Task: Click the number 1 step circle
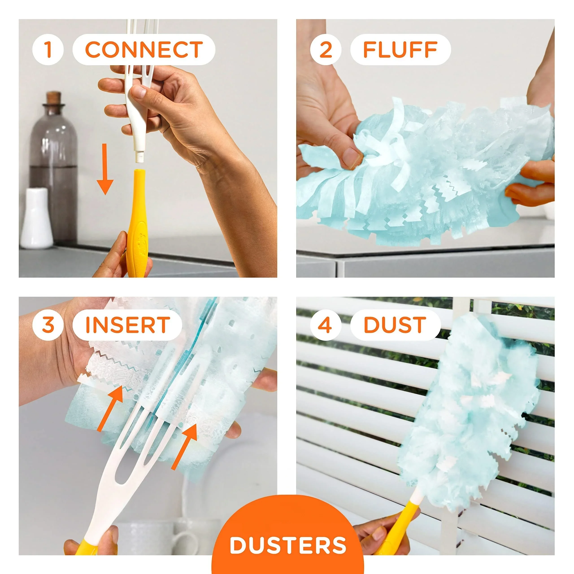click(48, 50)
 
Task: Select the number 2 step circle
click(326, 50)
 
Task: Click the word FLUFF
click(400, 50)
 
